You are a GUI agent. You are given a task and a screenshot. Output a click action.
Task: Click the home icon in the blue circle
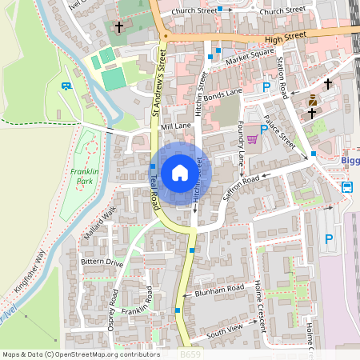point(180,173)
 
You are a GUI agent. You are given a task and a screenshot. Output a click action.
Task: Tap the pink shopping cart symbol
point(253,138)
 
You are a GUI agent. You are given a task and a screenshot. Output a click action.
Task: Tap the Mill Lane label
point(176,126)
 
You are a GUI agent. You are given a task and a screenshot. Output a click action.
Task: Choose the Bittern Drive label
point(102,262)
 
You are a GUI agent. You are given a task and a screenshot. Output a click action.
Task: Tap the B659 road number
point(190,353)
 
